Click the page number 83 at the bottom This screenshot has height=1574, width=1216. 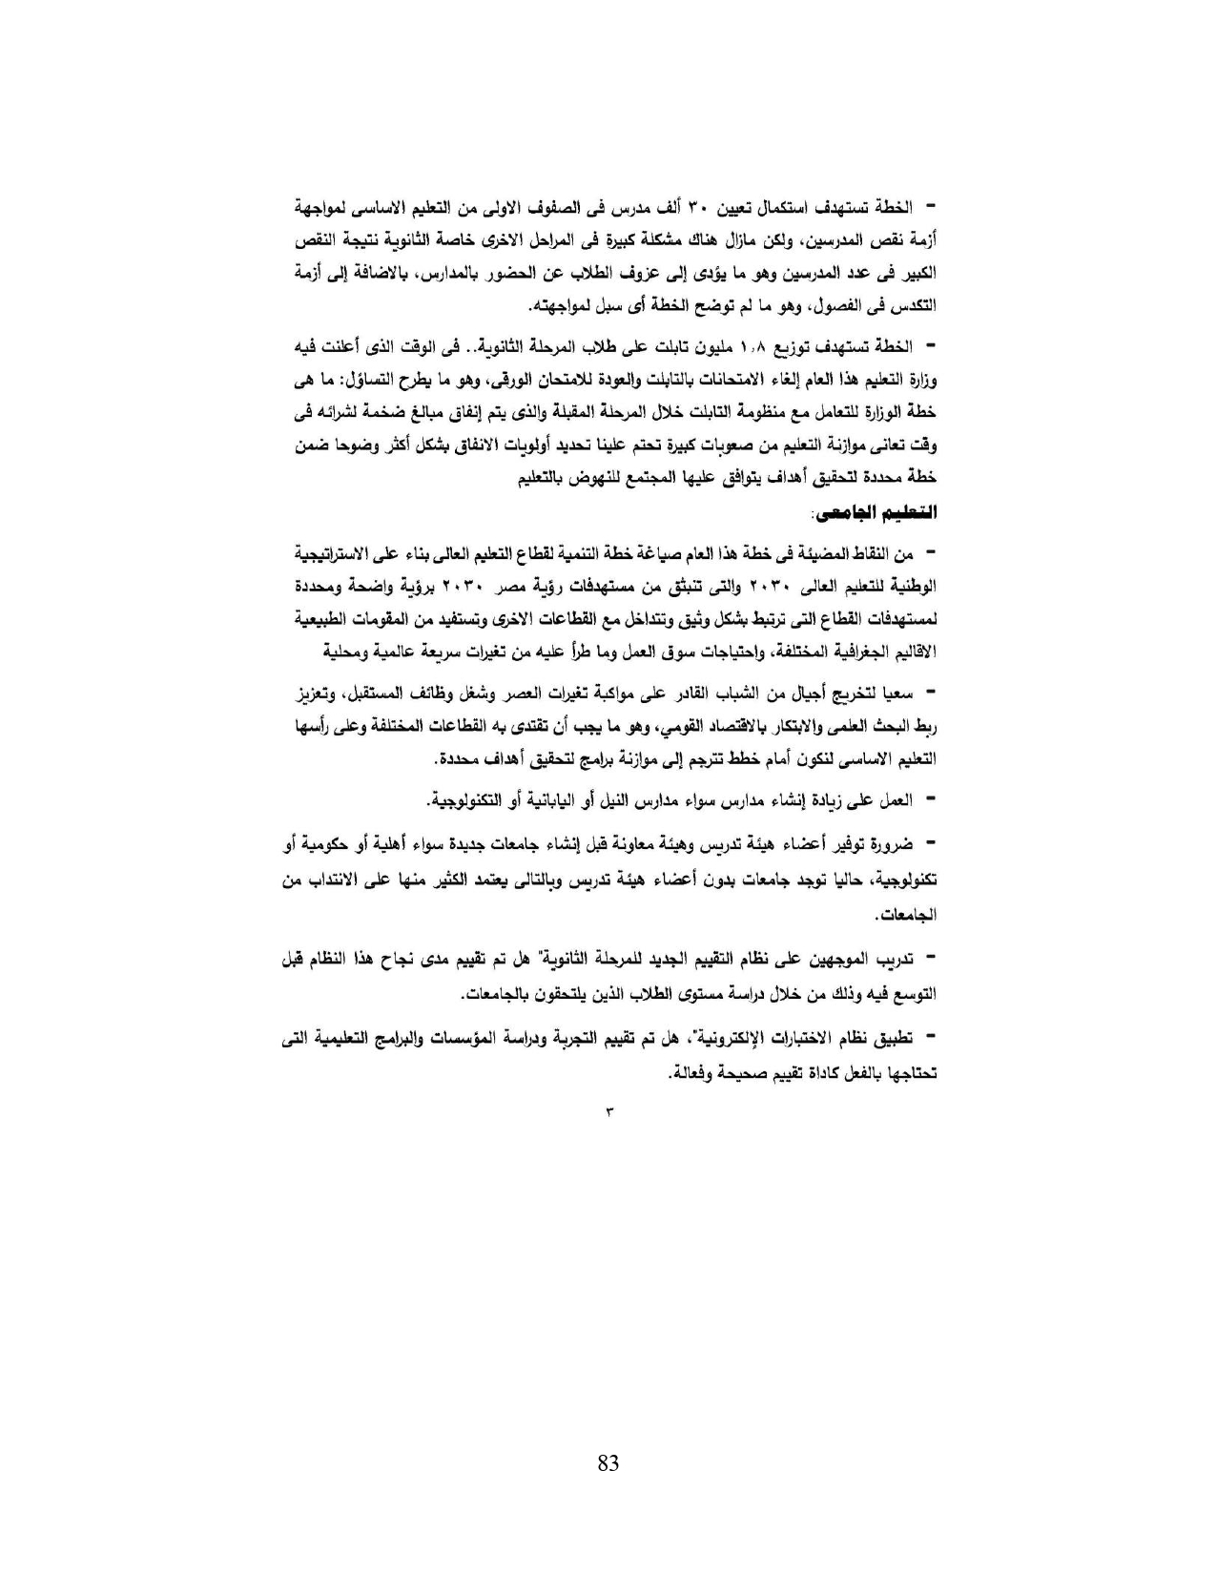[608, 1462]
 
